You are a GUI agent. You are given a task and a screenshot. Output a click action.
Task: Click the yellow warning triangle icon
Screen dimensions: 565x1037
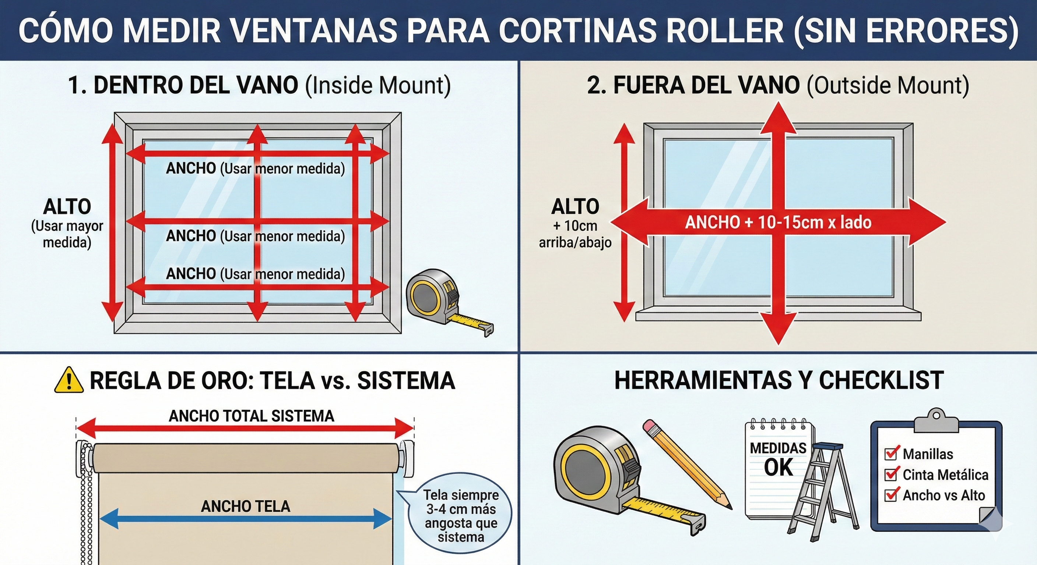pyautogui.click(x=69, y=380)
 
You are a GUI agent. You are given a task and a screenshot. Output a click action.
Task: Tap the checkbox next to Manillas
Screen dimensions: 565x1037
pyautogui.click(x=891, y=454)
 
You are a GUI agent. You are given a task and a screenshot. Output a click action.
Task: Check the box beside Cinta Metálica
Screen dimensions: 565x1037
pyautogui.click(x=891, y=475)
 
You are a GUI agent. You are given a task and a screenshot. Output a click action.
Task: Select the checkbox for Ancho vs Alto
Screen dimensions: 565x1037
pyautogui.click(x=891, y=495)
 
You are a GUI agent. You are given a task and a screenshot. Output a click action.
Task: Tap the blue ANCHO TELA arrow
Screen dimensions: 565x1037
pyautogui.click(x=246, y=519)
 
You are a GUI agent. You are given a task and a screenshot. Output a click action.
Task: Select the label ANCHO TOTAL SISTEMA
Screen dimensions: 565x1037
pyautogui.click(x=251, y=416)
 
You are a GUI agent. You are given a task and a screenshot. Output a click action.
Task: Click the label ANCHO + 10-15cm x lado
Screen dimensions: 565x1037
pyautogui.click(x=778, y=223)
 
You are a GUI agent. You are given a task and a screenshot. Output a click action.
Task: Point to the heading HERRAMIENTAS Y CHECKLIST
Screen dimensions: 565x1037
pyautogui.click(x=779, y=380)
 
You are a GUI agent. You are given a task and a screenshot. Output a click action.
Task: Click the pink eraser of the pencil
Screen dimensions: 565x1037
pyautogui.click(x=649, y=427)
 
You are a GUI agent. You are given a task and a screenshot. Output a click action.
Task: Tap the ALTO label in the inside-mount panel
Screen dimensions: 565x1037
pyautogui.click(x=67, y=207)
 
